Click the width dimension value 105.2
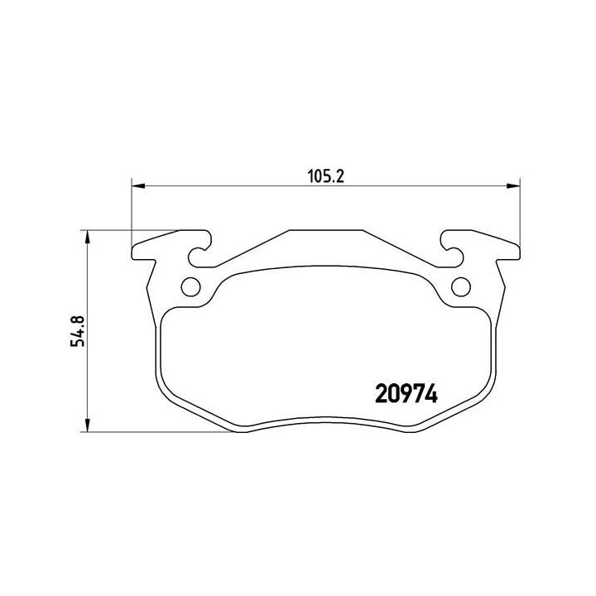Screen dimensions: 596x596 [326, 176]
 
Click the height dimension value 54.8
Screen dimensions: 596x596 [78, 330]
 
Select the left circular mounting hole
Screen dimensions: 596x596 [190, 286]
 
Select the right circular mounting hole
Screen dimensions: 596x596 [461, 286]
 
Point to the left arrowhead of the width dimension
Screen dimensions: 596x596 [138, 186]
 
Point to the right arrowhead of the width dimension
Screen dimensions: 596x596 [513, 186]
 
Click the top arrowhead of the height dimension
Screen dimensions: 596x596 [88, 238]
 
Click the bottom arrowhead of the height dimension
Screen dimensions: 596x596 [88, 425]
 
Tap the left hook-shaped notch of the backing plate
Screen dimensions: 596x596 [199, 249]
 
